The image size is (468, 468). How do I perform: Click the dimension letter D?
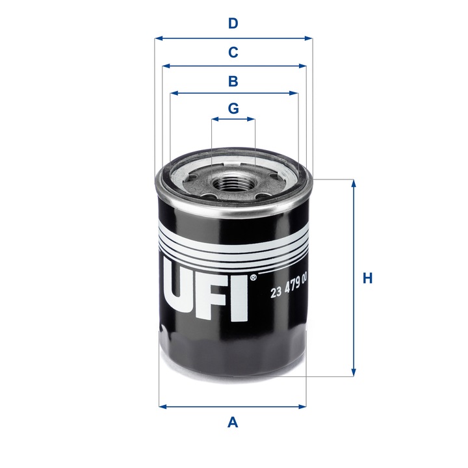[x=233, y=24]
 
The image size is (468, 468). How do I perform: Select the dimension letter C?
[x=233, y=52]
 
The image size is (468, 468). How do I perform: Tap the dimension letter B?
[x=233, y=81]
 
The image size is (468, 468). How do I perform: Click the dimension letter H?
[x=368, y=278]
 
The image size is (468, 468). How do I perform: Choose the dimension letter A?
[x=233, y=423]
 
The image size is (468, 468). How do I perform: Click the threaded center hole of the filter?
[x=233, y=186]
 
